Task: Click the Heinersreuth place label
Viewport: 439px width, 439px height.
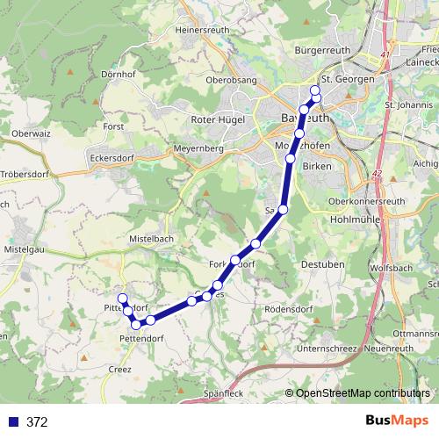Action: (202, 29)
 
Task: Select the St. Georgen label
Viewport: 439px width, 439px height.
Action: (349, 79)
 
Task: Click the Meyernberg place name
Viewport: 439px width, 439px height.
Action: (198, 150)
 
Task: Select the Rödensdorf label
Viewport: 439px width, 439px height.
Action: (289, 309)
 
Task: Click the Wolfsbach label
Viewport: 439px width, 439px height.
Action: (392, 266)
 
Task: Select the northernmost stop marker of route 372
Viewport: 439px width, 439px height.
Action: (316, 90)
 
